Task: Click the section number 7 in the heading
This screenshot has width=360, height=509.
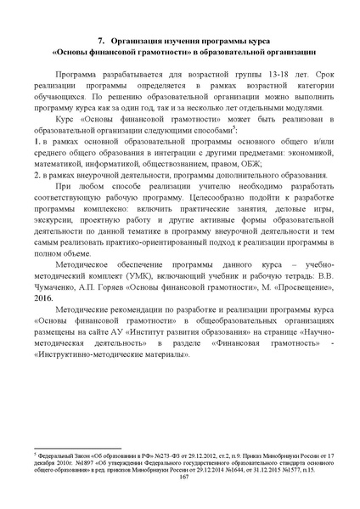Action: pos(100,40)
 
